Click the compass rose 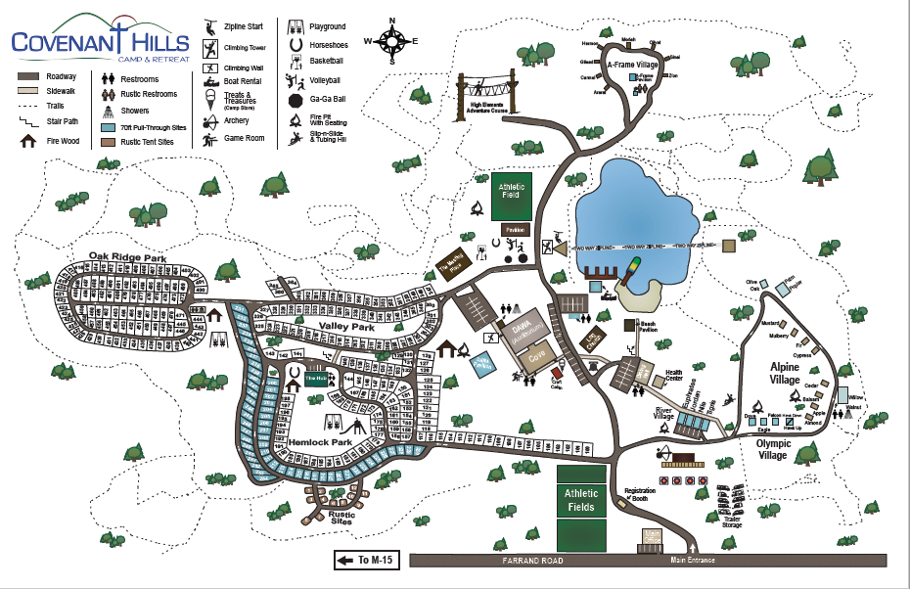pos(391,40)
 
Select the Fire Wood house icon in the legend pos(28,140)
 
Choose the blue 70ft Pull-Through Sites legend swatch pos(109,127)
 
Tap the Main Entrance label pos(694,561)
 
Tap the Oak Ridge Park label pos(127,256)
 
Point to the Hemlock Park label pos(320,442)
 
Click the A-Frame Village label pos(634,64)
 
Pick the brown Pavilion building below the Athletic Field pos(516,230)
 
